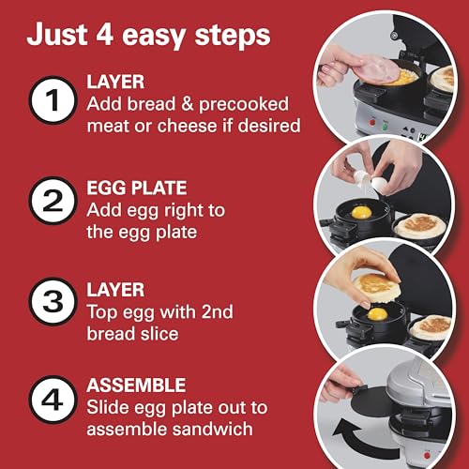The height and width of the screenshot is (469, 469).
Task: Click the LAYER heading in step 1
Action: [x=115, y=82]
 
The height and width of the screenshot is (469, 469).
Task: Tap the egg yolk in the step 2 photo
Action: [x=361, y=213]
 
